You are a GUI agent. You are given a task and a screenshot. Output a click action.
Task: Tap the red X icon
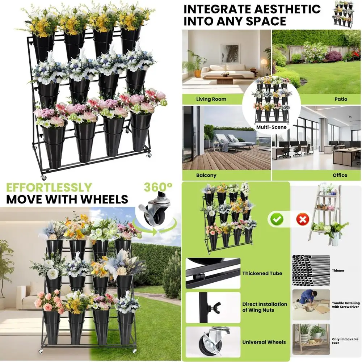(303, 219)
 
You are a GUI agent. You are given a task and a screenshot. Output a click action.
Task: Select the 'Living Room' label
(211, 99)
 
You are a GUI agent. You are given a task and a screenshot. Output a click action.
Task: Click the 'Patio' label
(341, 99)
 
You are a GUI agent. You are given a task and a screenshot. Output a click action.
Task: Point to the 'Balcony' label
(206, 175)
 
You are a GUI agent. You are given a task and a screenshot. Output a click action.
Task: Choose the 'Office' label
(340, 175)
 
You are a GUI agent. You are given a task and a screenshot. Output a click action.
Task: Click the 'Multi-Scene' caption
(271, 127)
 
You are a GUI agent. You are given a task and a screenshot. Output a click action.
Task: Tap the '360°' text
(158, 188)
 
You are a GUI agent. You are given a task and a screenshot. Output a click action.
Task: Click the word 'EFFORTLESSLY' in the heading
(49, 188)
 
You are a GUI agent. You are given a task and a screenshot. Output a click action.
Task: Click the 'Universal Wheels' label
(264, 342)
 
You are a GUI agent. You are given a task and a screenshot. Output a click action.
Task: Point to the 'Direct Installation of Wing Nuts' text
(265, 307)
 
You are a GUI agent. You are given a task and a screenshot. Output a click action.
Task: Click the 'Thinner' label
(338, 270)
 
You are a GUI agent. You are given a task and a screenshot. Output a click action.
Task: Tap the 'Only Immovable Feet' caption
(340, 341)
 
